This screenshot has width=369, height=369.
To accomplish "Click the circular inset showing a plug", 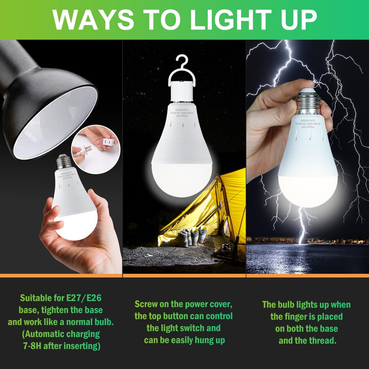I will coord(96,149).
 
